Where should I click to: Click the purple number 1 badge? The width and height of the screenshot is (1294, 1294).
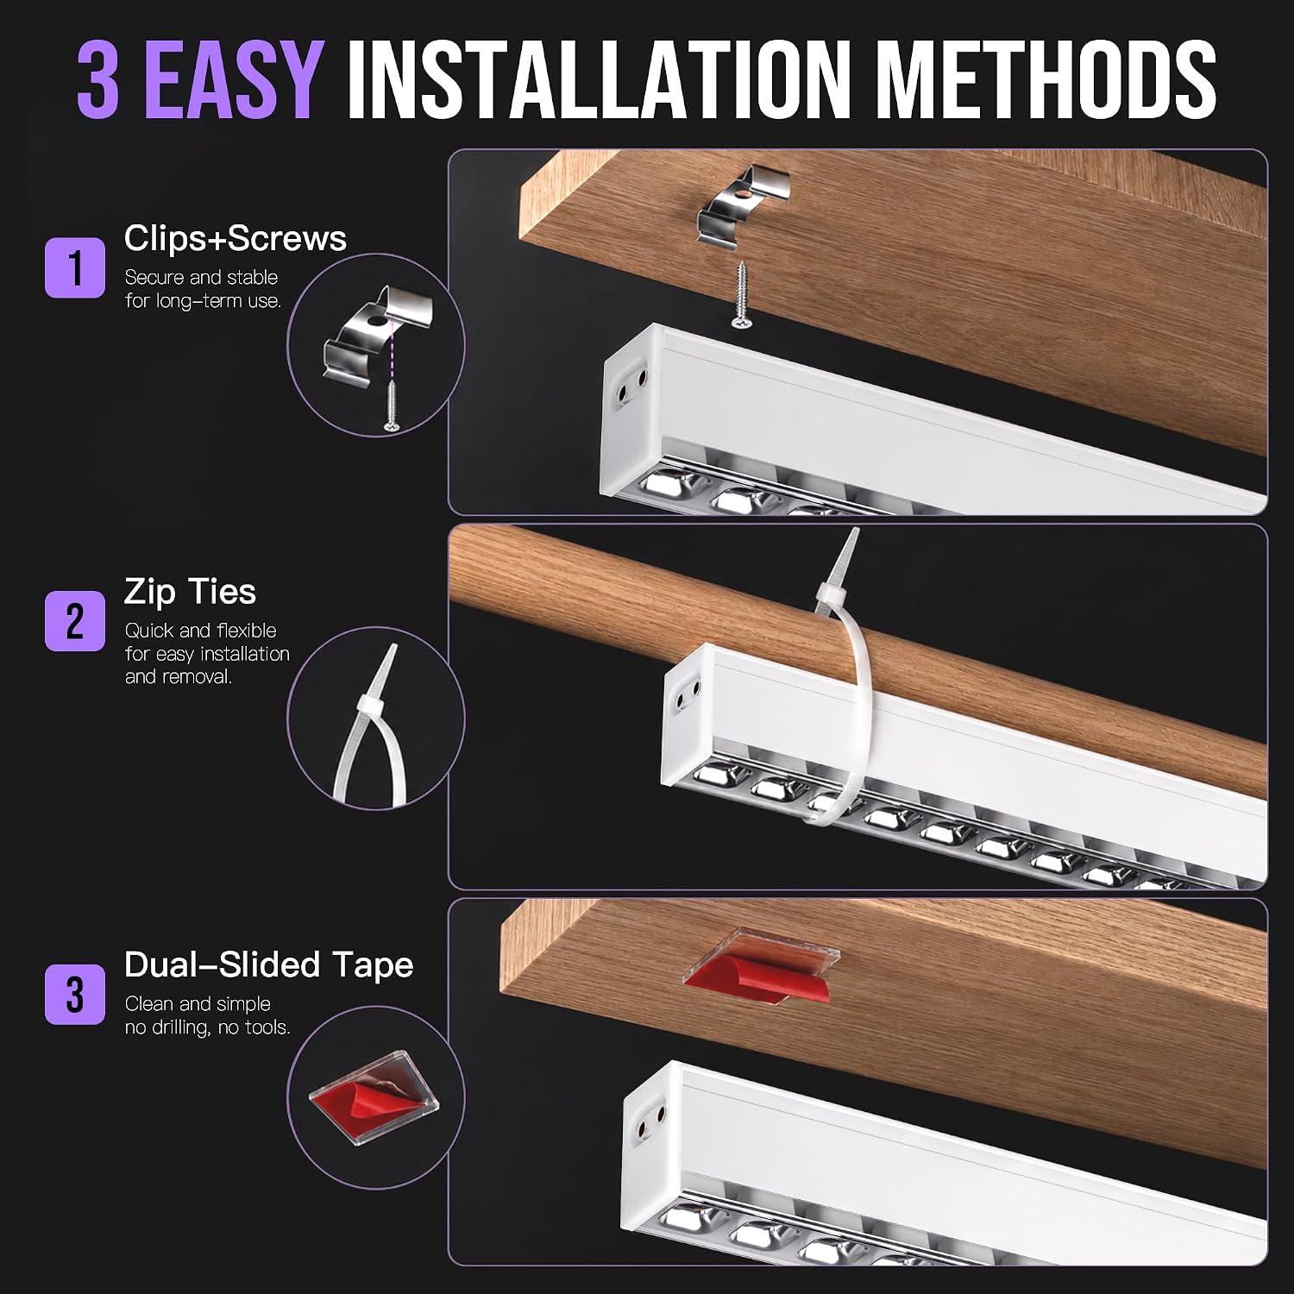(x=75, y=268)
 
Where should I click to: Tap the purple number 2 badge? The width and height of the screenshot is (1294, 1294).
(x=75, y=621)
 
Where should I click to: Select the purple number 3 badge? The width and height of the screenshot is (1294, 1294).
(x=75, y=995)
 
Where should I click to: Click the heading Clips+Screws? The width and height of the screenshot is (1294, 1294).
(x=235, y=239)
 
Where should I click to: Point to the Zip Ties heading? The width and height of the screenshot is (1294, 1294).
(x=190, y=593)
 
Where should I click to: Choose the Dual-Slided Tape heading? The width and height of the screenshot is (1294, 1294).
(x=268, y=965)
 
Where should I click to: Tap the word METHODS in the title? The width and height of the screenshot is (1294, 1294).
(x=1046, y=79)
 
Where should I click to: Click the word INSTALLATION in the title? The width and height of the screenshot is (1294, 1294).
(x=599, y=79)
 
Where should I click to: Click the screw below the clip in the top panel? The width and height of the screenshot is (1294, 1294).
(x=740, y=294)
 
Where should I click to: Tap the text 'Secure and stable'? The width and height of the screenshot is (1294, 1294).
(x=201, y=278)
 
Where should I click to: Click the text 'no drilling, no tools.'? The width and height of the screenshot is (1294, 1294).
(x=207, y=1027)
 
